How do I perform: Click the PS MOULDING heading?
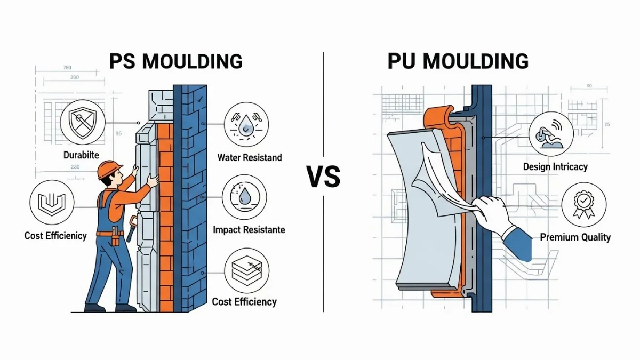point(175,61)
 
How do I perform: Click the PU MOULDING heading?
point(458,61)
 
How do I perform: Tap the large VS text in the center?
point(323,177)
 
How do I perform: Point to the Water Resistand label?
point(249,158)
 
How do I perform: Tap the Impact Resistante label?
point(249,230)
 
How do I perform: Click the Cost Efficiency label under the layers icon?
point(244,302)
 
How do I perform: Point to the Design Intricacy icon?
point(551,133)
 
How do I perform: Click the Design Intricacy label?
point(555,167)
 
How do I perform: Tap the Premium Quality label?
point(575,237)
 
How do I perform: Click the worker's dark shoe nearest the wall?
point(126,308)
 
